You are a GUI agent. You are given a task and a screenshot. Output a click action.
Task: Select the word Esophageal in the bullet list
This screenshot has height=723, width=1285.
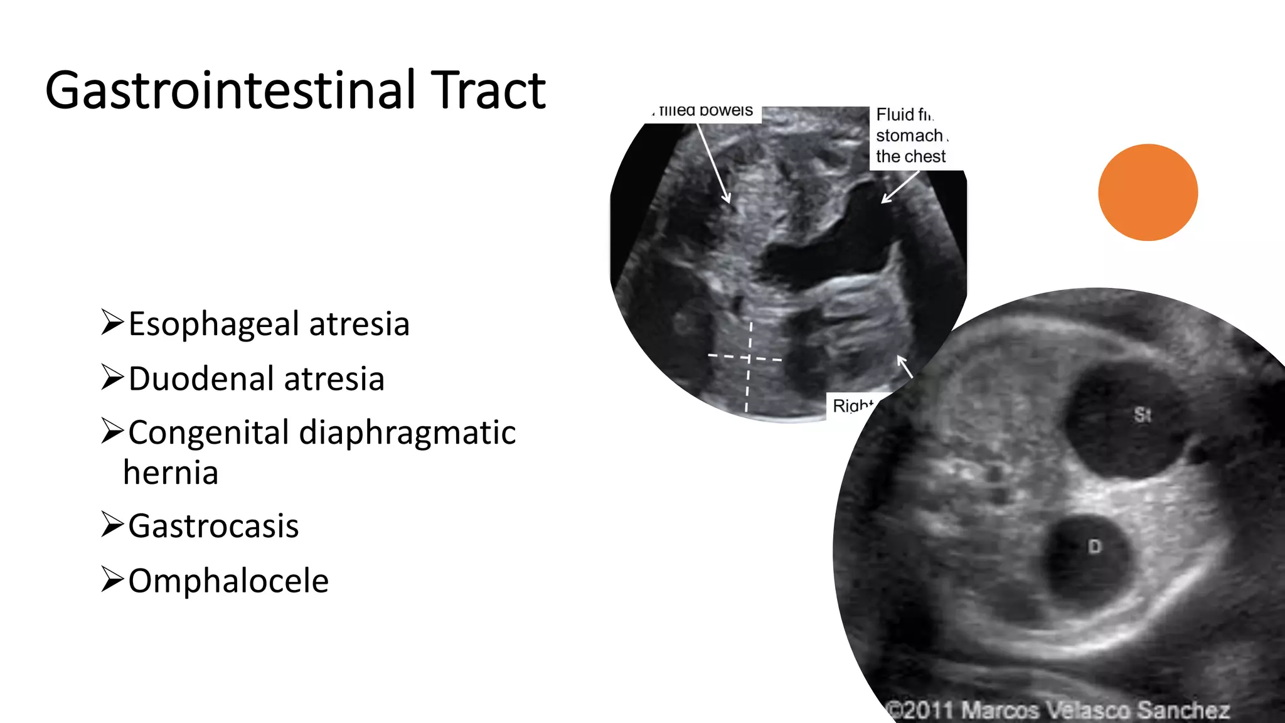(213, 324)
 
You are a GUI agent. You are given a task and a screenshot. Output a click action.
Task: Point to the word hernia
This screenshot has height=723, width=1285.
(171, 473)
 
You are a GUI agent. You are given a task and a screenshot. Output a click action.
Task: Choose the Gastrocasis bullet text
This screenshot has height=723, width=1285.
(213, 526)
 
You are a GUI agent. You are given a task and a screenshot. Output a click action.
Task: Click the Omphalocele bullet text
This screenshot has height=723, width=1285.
(228, 581)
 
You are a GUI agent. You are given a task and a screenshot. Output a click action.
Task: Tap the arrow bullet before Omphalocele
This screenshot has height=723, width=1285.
(112, 579)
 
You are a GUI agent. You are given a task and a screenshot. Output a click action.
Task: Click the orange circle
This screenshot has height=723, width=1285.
(1148, 192)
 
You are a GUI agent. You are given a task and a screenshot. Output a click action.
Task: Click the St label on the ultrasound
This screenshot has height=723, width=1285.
(1142, 415)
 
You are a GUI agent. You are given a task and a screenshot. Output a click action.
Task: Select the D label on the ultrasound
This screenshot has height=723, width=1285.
(1094, 547)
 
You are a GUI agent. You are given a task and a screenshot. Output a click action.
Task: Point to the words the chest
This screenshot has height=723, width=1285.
(910, 156)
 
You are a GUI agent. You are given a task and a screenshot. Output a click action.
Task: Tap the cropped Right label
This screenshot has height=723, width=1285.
(852, 405)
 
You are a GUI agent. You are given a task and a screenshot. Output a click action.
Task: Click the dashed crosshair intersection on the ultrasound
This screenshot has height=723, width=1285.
(749, 358)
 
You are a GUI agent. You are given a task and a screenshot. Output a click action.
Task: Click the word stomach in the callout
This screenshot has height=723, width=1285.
(909, 136)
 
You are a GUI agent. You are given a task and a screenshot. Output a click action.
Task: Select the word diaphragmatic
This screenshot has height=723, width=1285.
(407, 433)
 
